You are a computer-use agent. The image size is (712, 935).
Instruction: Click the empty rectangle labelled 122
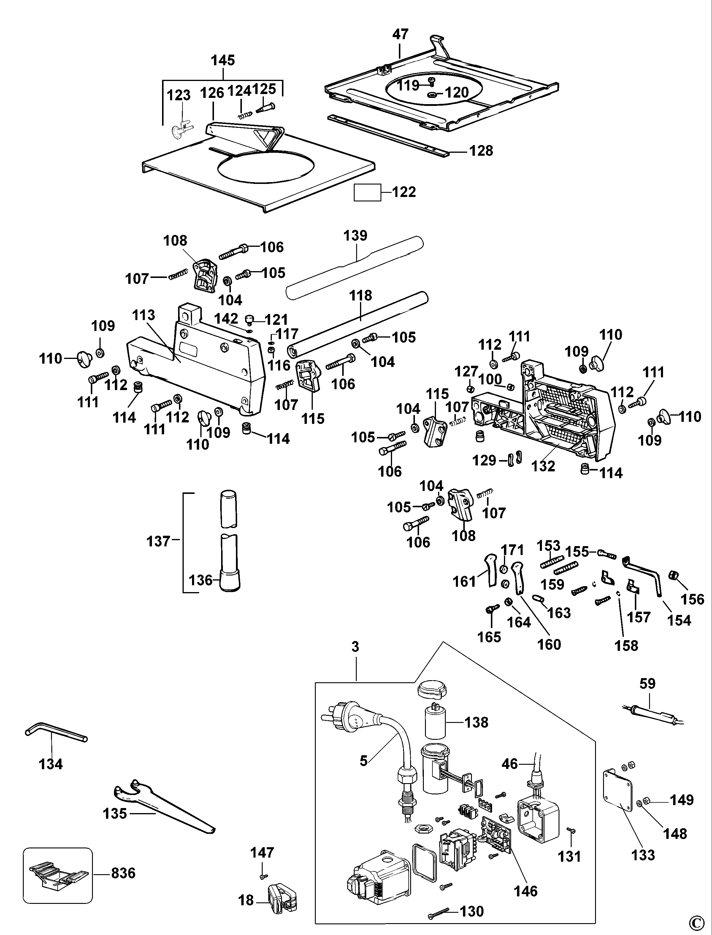(x=367, y=192)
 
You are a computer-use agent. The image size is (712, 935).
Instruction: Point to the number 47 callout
(x=400, y=34)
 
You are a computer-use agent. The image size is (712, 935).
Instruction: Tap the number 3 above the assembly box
(x=355, y=647)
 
